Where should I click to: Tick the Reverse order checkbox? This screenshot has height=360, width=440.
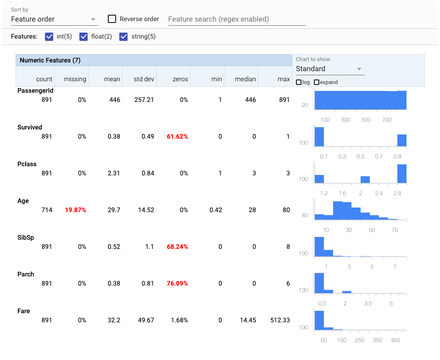tap(112, 19)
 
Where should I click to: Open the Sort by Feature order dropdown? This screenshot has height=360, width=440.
tap(55, 19)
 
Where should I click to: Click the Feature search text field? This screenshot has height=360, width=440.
tap(237, 19)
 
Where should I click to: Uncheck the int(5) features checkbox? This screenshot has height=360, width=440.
tap(49, 37)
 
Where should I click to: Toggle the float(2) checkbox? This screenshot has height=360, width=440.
tap(84, 37)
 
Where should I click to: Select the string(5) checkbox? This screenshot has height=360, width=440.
tap(123, 37)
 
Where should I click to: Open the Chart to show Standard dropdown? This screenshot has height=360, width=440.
tap(330, 69)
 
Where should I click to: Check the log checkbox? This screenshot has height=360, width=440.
tap(299, 82)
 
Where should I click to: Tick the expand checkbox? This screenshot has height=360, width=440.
tap(317, 82)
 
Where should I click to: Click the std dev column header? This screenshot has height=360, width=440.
tap(144, 79)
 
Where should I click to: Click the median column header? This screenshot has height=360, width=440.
tap(245, 79)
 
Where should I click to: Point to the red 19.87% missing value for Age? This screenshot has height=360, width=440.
tap(76, 210)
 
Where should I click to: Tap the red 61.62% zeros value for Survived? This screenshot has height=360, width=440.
tap(178, 136)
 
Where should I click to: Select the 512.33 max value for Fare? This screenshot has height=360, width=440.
tap(280, 320)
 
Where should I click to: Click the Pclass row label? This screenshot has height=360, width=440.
tap(27, 164)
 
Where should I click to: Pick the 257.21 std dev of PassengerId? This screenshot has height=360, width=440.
tap(144, 100)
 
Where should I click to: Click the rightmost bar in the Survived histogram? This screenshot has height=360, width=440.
tap(402, 141)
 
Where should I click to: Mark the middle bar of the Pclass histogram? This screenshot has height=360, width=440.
tap(365, 180)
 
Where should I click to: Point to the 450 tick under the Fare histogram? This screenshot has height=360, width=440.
tap(395, 340)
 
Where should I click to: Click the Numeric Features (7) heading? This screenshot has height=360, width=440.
tap(50, 60)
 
